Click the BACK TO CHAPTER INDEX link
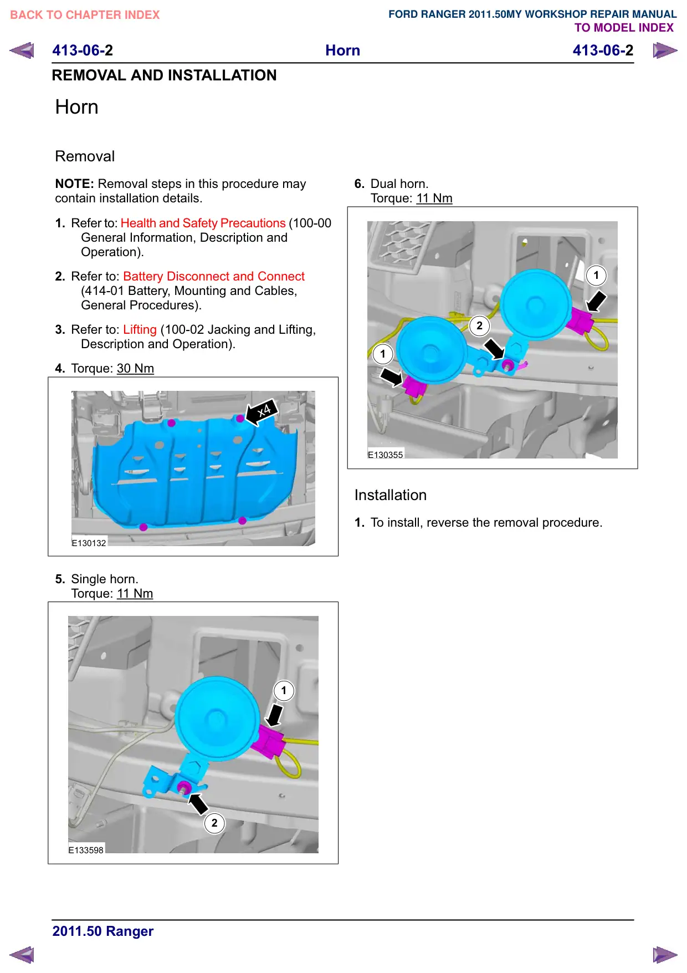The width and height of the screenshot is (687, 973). (x=85, y=15)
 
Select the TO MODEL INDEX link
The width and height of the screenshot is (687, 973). (x=624, y=28)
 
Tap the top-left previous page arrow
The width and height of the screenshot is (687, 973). (x=22, y=50)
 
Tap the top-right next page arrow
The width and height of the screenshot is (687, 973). (x=665, y=50)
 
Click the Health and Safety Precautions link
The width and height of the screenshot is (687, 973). (x=203, y=223)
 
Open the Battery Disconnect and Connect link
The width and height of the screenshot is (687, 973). (x=214, y=276)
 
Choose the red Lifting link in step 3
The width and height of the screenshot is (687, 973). (x=140, y=329)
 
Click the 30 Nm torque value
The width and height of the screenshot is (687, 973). (x=135, y=368)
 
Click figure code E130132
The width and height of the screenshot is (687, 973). (x=89, y=543)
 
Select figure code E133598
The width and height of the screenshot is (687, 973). (x=86, y=850)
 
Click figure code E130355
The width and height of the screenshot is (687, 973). (x=386, y=455)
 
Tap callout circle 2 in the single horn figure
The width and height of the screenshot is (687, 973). (x=214, y=823)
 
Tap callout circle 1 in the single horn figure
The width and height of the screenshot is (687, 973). (x=284, y=691)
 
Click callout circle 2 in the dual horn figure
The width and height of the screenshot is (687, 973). (x=480, y=326)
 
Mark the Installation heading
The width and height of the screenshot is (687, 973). (x=391, y=495)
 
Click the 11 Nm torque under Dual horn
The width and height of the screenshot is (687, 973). (x=434, y=198)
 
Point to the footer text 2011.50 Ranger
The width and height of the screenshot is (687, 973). (x=103, y=931)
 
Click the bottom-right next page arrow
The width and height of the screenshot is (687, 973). (x=665, y=955)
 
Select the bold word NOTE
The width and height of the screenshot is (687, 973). (x=75, y=184)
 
